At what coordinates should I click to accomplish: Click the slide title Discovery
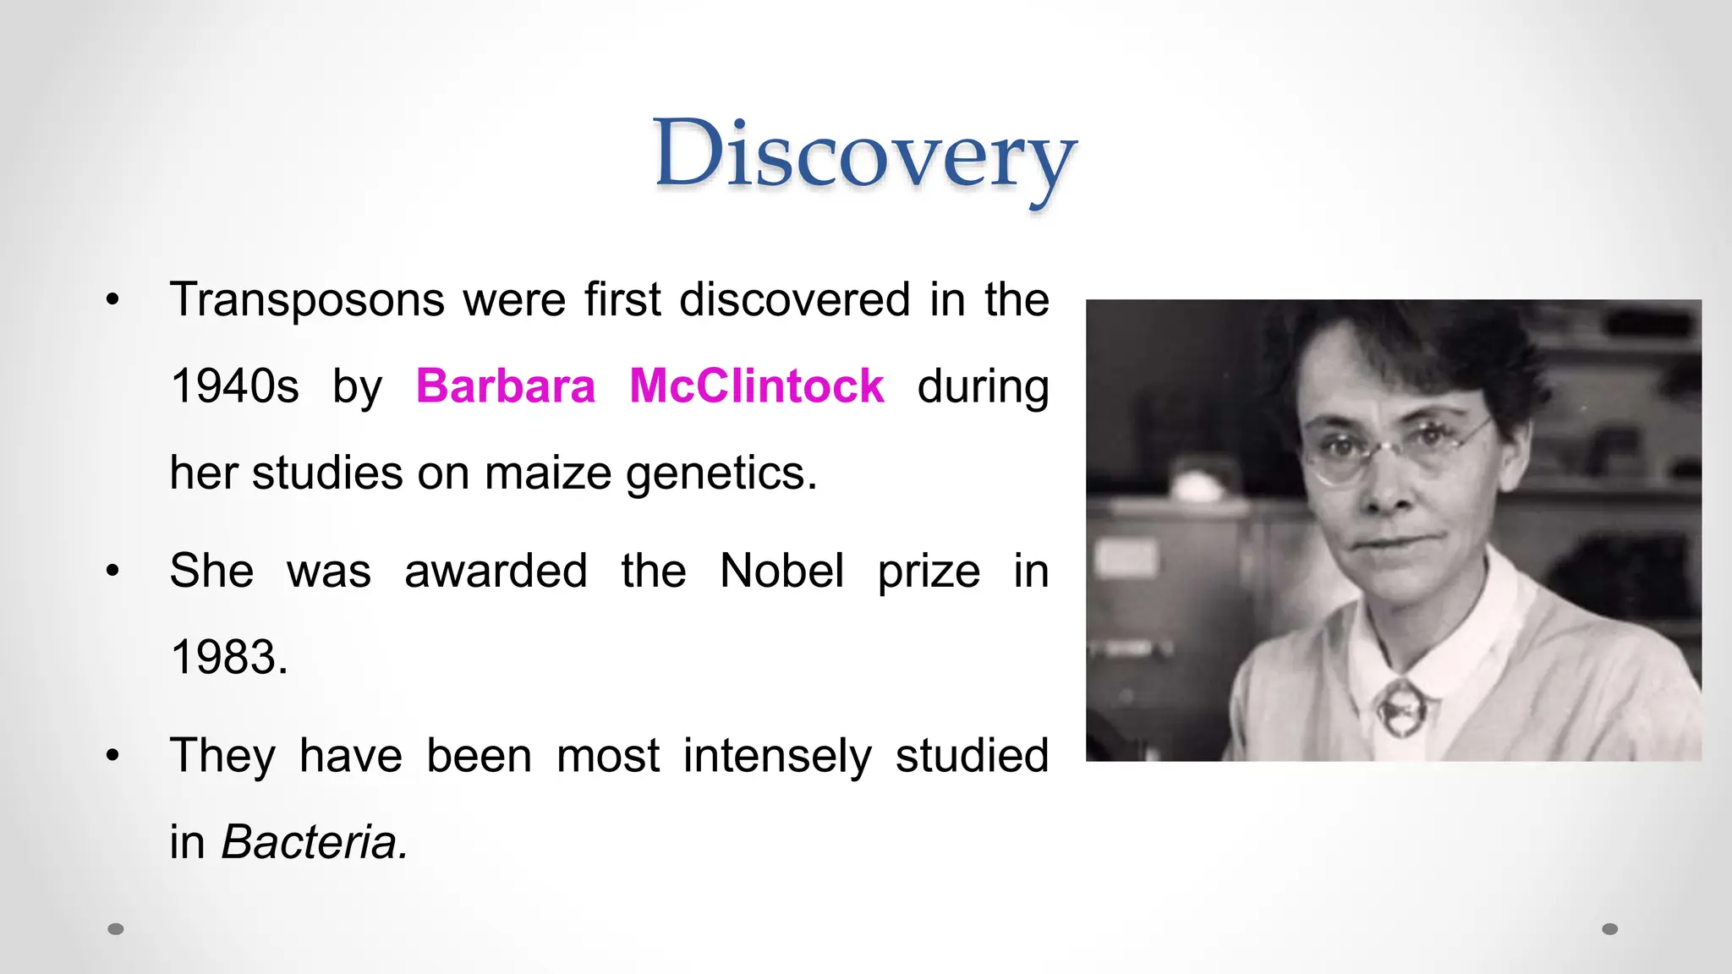865,156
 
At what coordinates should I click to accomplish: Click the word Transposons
307,300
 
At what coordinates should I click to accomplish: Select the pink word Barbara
506,386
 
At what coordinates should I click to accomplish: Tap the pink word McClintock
757,386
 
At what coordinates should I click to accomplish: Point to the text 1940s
235,386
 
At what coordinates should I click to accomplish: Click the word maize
548,473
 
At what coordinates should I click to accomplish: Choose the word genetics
721,473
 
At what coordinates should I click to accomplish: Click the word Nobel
781,571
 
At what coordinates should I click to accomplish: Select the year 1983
229,657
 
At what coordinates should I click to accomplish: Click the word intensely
777,756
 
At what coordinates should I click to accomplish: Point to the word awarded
496,571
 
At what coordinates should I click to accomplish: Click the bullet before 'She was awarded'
113,572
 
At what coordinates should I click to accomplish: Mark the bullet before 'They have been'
113,756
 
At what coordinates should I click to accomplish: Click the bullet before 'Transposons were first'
113,300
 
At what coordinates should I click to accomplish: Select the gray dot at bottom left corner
116,929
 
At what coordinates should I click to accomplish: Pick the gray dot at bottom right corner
1610,929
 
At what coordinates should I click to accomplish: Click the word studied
972,756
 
